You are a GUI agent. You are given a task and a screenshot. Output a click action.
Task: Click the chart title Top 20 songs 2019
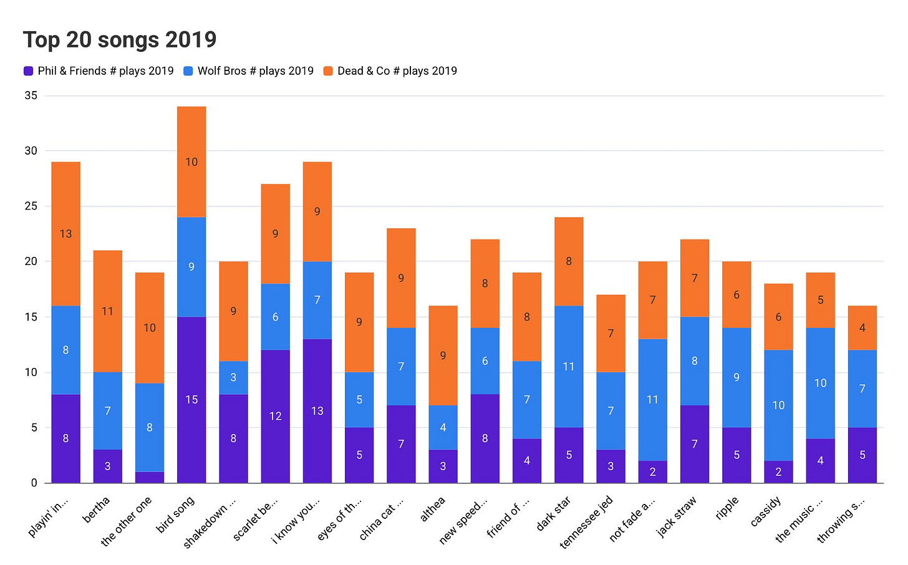click(120, 40)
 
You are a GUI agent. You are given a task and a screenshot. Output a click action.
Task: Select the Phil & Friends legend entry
click(99, 71)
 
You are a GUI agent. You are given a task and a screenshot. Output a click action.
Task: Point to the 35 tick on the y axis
click(31, 95)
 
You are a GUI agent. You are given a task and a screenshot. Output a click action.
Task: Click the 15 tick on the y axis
click(31, 317)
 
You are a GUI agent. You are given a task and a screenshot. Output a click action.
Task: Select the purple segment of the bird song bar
click(191, 399)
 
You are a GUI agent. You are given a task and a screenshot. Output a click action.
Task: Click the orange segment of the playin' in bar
click(66, 234)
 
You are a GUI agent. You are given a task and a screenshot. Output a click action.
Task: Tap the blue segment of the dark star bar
click(569, 367)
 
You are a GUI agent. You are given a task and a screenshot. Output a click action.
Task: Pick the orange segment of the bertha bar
click(108, 311)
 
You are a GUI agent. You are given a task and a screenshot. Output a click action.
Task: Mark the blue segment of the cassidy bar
click(778, 405)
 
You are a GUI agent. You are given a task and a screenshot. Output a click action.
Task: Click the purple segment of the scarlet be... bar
click(275, 416)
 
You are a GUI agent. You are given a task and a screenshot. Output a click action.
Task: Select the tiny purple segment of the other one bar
click(150, 477)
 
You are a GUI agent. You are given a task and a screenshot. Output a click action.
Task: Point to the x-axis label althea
click(432, 509)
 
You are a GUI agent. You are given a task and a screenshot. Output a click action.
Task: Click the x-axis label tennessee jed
click(587, 521)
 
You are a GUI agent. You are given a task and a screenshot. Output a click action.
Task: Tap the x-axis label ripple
click(727, 508)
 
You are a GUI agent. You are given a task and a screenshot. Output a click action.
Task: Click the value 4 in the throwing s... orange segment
click(862, 328)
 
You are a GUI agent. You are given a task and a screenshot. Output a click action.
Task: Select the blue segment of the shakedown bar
click(233, 377)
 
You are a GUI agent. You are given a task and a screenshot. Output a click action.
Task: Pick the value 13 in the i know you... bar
click(317, 411)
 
